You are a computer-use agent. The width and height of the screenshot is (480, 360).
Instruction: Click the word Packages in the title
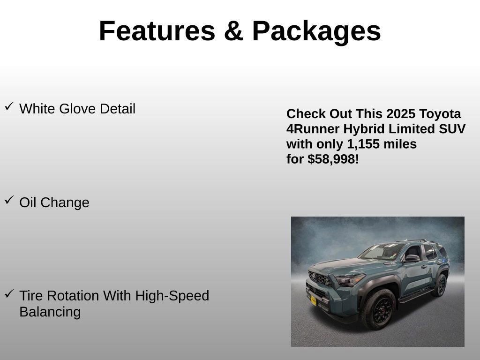(x=316, y=31)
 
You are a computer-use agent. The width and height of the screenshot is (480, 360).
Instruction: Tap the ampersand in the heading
(x=233, y=31)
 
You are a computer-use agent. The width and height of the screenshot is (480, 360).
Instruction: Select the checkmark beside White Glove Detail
(x=9, y=107)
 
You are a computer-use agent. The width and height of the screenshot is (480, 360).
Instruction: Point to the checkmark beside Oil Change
(x=9, y=201)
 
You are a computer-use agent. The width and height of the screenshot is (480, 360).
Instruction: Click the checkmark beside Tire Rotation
(x=9, y=294)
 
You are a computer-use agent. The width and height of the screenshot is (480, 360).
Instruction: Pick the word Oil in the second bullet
(x=28, y=203)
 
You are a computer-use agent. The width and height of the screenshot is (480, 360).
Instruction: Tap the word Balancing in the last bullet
(x=50, y=312)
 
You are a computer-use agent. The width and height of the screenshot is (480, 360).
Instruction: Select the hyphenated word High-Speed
(x=172, y=296)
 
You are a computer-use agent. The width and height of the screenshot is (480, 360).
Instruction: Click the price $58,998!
(x=333, y=159)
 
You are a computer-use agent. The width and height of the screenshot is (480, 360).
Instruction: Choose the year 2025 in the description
(x=401, y=114)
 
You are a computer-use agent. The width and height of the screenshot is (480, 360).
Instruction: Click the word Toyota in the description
(x=440, y=114)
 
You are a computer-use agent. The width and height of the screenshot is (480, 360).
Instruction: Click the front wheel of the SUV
(x=378, y=309)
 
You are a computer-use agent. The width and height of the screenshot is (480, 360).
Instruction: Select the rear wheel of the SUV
(x=440, y=285)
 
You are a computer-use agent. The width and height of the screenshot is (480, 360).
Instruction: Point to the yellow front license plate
(x=313, y=300)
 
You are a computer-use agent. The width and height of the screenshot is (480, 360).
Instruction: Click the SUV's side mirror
(x=412, y=258)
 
